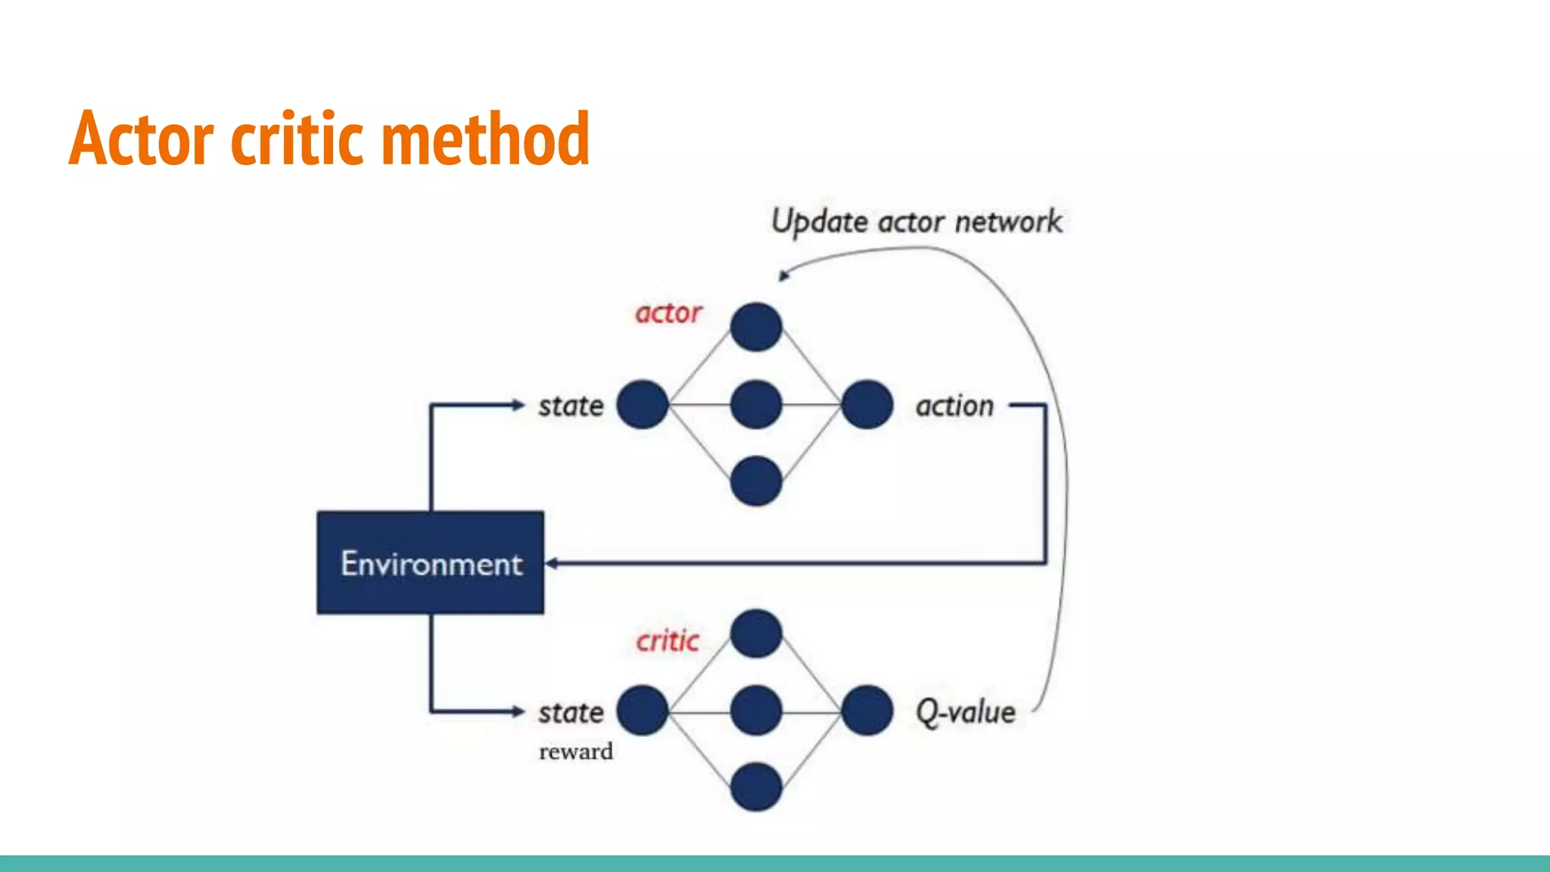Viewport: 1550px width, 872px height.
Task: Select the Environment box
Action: (430, 562)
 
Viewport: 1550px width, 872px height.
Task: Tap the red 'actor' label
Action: (668, 313)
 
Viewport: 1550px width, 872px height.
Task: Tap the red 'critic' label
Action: (667, 641)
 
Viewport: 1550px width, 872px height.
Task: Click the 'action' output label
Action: (954, 406)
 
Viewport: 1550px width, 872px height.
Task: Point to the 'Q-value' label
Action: (965, 712)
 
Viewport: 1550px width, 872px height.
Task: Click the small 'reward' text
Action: (575, 752)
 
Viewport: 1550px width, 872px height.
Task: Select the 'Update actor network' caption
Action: (917, 222)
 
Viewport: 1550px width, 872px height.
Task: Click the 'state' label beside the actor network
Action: (571, 406)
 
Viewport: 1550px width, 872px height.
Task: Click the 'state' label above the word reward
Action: (571, 712)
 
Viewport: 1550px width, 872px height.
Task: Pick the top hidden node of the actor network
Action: (756, 327)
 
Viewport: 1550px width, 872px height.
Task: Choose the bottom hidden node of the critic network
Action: (756, 787)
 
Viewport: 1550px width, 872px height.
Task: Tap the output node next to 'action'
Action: (867, 404)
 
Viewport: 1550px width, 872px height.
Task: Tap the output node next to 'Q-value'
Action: (867, 710)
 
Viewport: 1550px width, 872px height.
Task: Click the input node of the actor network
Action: (643, 404)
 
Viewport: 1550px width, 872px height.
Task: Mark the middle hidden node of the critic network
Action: (756, 710)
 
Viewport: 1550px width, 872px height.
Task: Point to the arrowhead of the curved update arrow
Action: (784, 276)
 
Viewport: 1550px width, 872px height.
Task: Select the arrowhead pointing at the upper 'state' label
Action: (518, 405)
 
